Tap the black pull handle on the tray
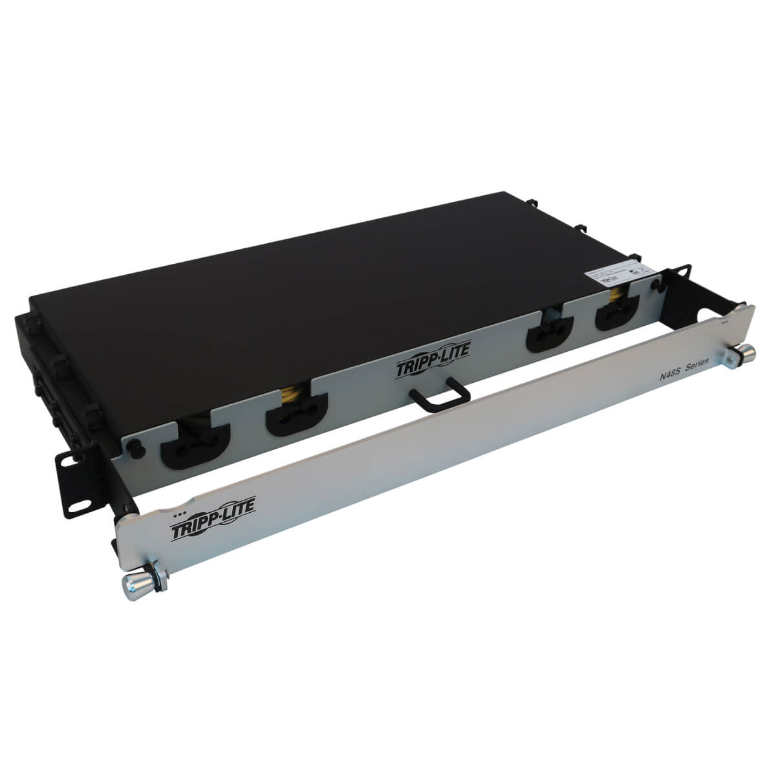(436, 398)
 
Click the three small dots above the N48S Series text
(724, 319)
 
